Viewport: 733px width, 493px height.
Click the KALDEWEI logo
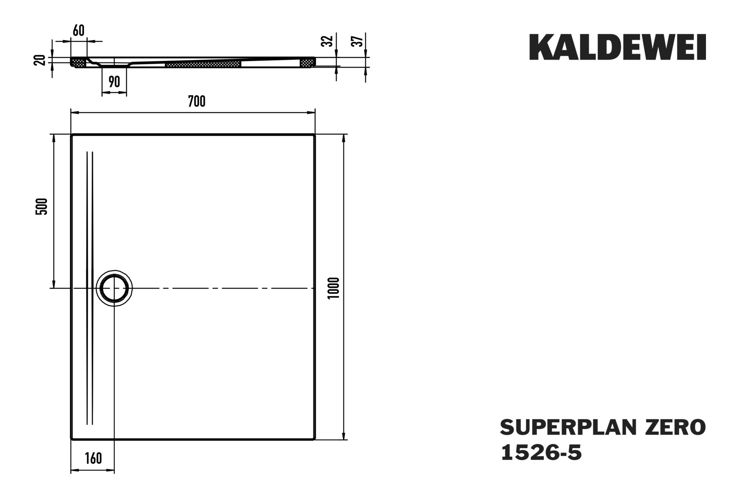pyautogui.click(x=617, y=47)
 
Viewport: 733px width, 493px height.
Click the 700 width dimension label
pyautogui.click(x=197, y=101)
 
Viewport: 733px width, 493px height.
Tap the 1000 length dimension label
pyautogui.click(x=334, y=288)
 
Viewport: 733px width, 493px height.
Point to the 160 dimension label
pyautogui.click(x=93, y=458)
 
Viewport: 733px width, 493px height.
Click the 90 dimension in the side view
pyautogui.click(x=114, y=82)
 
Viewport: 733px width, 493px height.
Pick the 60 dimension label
pyautogui.click(x=79, y=30)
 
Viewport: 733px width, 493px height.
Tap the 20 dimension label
pyautogui.click(x=40, y=60)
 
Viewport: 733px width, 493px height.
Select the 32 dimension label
pyautogui.click(x=328, y=41)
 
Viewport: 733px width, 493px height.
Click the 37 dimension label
pyautogui.click(x=358, y=41)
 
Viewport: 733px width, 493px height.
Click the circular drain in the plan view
pyautogui.click(x=114, y=288)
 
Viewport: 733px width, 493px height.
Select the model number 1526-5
pyautogui.click(x=541, y=453)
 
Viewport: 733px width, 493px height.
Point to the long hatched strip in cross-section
pyautogui.click(x=203, y=64)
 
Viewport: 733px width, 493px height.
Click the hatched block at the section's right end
pyautogui.click(x=307, y=63)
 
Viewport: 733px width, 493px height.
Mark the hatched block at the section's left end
pyautogui.click(x=79, y=63)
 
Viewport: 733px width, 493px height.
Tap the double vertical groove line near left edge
pyautogui.click(x=90, y=288)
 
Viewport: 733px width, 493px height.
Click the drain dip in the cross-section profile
pyautogui.click(x=114, y=66)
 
